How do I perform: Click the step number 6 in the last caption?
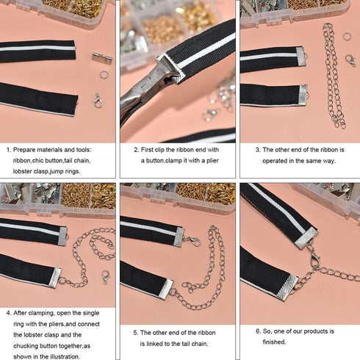[x=258, y=331]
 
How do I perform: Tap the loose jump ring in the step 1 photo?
[x=104, y=73]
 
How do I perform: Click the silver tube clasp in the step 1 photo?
[x=101, y=57]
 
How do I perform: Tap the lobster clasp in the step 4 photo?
[x=105, y=277]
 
